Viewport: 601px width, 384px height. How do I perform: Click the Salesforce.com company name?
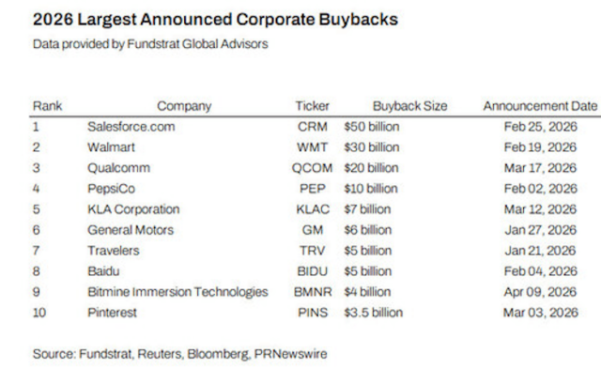point(131,127)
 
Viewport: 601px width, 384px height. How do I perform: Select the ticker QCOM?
point(312,168)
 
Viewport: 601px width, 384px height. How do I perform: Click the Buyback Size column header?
point(410,106)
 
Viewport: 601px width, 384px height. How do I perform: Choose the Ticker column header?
point(312,106)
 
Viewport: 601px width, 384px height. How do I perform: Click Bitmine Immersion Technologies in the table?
point(177,291)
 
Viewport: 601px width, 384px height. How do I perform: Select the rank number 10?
point(40,312)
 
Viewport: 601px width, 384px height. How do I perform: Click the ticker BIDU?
point(312,270)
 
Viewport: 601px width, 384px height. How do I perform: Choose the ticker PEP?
point(312,189)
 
